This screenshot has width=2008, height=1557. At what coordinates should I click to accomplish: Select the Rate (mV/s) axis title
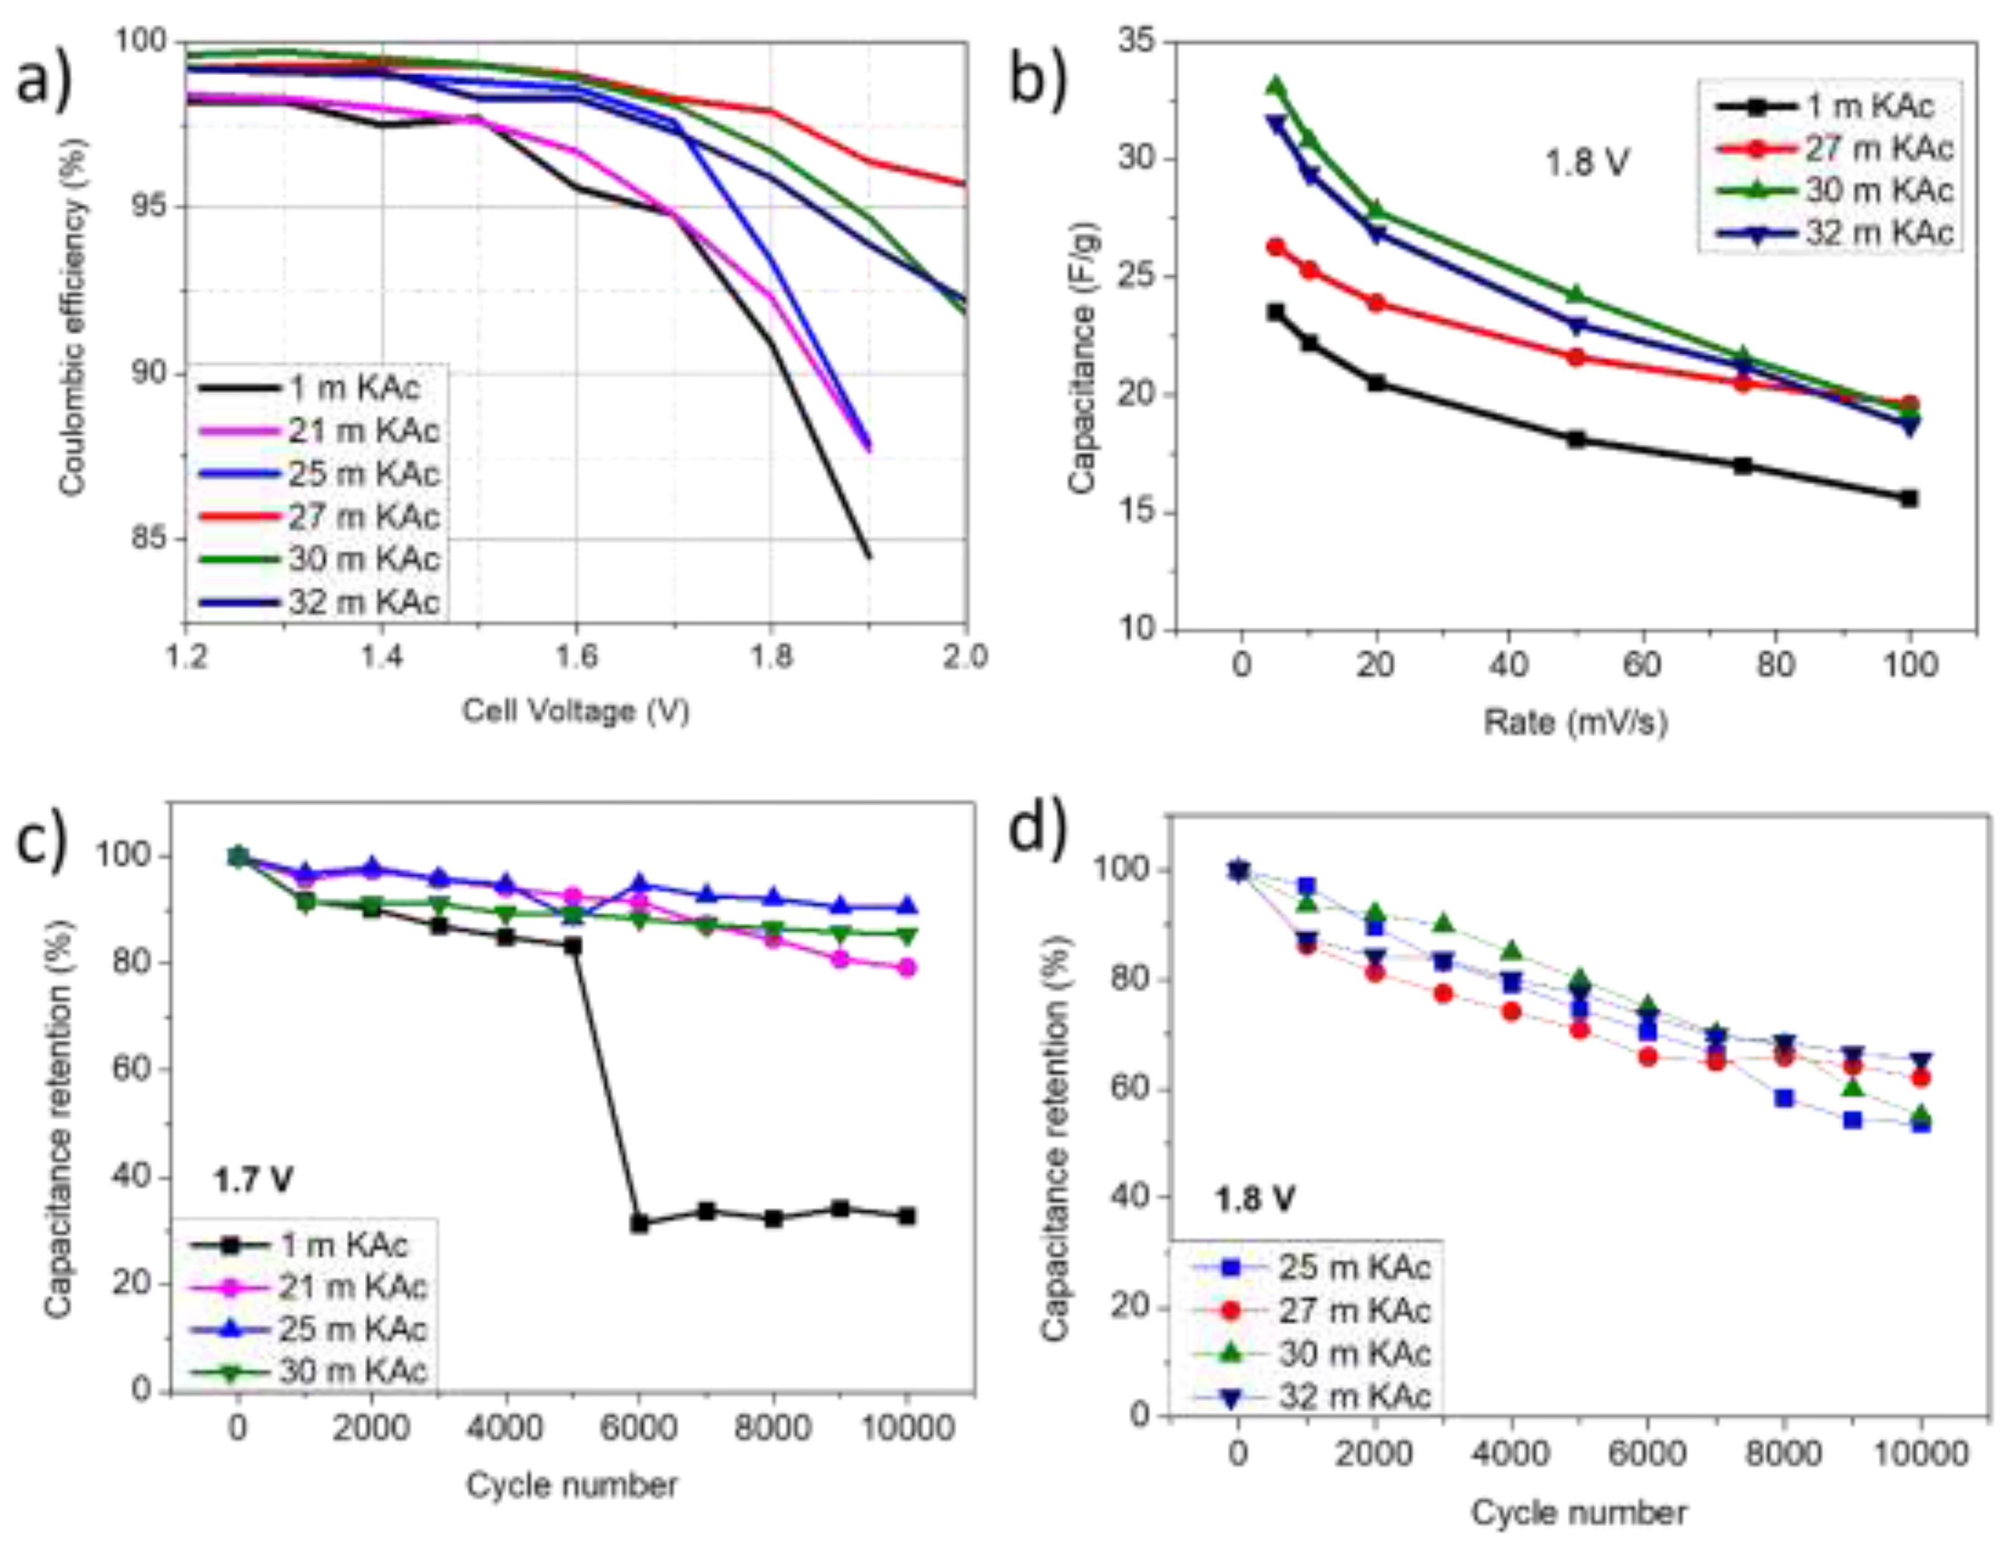1575,722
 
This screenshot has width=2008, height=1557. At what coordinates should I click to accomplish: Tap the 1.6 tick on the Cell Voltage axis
576,657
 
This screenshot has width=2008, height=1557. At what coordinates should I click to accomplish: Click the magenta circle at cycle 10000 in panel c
907,967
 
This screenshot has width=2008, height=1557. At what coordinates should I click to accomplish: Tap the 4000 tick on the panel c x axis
506,1429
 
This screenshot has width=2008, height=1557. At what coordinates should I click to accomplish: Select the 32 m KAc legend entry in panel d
1354,1395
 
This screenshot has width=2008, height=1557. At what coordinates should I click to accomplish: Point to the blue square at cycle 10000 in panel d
1920,1124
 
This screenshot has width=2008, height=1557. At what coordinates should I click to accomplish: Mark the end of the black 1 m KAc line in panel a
868,556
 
